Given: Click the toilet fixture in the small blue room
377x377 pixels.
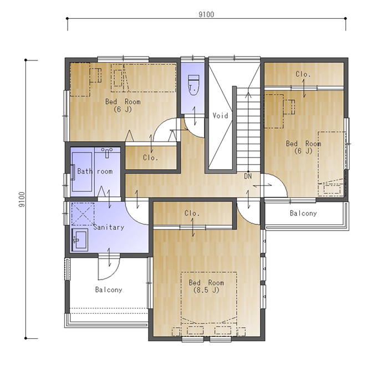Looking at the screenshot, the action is click(193, 85).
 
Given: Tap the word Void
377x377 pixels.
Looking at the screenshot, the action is click(220, 116).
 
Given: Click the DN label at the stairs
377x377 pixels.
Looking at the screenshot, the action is click(248, 176).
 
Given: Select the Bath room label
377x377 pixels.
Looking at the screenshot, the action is click(95, 171).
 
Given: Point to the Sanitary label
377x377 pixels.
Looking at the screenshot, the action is click(109, 227).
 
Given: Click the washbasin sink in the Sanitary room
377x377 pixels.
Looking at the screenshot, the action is click(80, 240).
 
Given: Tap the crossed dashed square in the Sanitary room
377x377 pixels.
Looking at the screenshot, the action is click(83, 214).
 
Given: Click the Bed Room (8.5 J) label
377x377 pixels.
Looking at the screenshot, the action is click(206, 286).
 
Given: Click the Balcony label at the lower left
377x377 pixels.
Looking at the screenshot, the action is click(109, 289).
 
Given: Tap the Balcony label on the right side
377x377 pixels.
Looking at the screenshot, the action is click(303, 213).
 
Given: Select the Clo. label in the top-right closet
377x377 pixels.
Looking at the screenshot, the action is click(303, 74).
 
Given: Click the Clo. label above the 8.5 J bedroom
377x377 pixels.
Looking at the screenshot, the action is click(192, 213).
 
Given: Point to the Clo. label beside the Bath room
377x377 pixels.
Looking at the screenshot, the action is click(150, 157).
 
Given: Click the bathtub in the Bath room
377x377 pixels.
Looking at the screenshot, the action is click(82, 172).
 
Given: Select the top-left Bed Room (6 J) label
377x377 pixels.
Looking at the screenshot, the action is click(123, 105).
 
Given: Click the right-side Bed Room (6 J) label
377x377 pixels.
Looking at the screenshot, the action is click(303, 147).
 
